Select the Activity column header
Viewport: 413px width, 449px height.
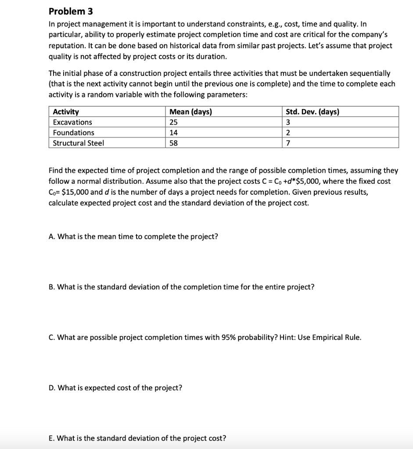click(66, 112)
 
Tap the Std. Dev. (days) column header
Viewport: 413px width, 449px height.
click(312, 112)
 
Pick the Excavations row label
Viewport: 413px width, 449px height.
click(72, 122)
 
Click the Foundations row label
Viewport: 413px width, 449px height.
click(73, 132)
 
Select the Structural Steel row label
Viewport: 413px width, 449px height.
click(79, 143)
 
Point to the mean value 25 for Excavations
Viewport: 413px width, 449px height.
click(174, 122)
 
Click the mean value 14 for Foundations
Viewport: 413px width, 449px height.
click(174, 132)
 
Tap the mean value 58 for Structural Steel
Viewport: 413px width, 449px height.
click(174, 143)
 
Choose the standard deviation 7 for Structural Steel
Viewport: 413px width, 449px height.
click(288, 143)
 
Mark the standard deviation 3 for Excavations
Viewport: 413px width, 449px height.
click(288, 122)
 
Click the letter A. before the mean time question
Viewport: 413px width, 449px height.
click(52, 237)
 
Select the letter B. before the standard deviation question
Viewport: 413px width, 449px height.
click(52, 287)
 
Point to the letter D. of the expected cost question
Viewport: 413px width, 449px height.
click(52, 388)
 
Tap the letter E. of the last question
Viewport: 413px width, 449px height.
click(52, 438)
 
